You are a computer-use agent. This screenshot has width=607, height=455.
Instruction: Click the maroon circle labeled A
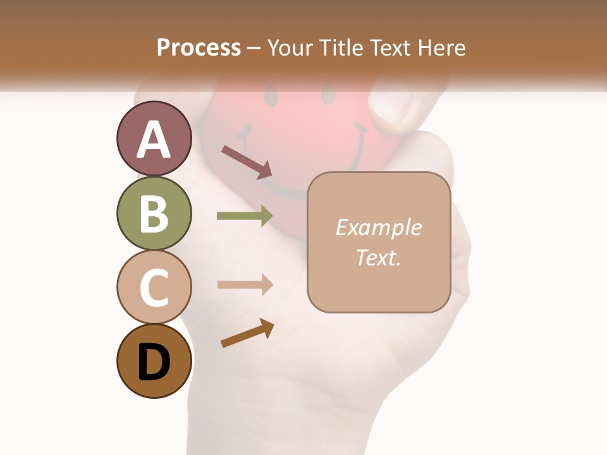pos(154,138)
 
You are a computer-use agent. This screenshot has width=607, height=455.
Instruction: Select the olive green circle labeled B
pos(154,213)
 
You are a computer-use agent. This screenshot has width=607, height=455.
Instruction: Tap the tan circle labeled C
pos(154,287)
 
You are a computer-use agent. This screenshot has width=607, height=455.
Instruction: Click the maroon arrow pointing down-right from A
pos(247,162)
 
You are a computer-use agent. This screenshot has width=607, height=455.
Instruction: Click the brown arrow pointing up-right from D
pos(247,333)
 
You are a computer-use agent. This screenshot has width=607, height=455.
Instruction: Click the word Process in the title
pos(199,47)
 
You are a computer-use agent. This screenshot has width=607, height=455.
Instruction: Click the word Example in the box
pos(378,227)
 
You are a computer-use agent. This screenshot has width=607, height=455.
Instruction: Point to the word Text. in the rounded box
pos(378,257)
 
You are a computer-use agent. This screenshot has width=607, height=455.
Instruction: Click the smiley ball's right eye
pos(328,94)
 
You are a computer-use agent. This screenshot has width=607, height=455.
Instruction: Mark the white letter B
pos(154,214)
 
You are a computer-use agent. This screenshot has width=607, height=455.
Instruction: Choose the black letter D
pos(154,361)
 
